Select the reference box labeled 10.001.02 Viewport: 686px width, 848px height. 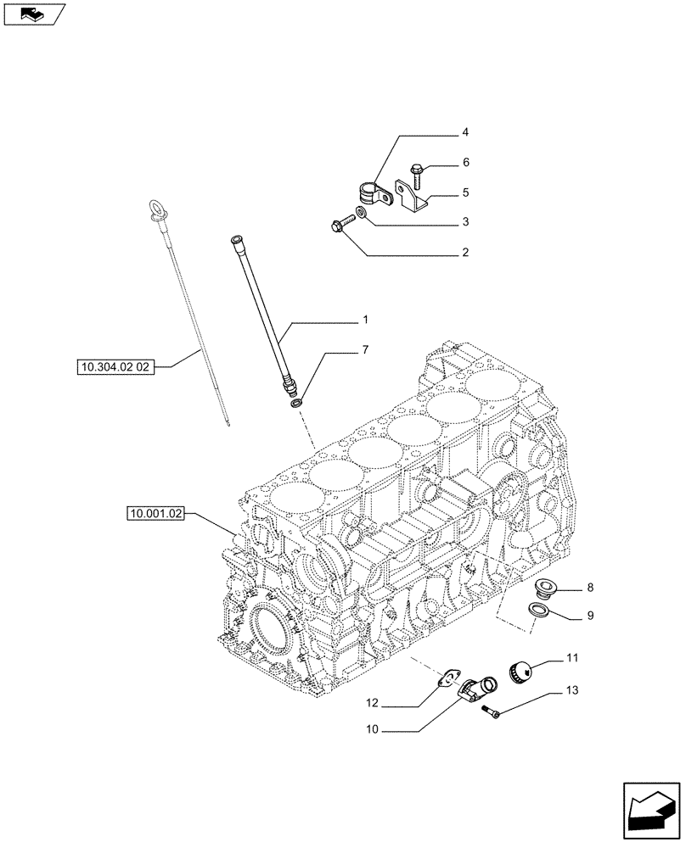tap(156, 513)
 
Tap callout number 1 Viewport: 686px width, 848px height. tap(365, 321)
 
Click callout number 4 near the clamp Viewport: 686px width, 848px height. tap(464, 133)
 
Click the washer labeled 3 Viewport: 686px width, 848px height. tap(363, 211)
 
